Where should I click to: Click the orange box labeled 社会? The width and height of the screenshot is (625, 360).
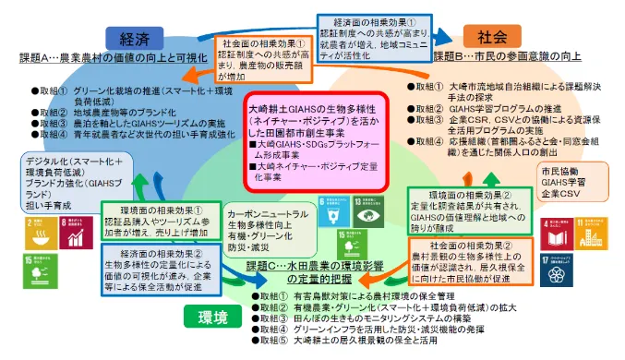(x=489, y=38)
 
